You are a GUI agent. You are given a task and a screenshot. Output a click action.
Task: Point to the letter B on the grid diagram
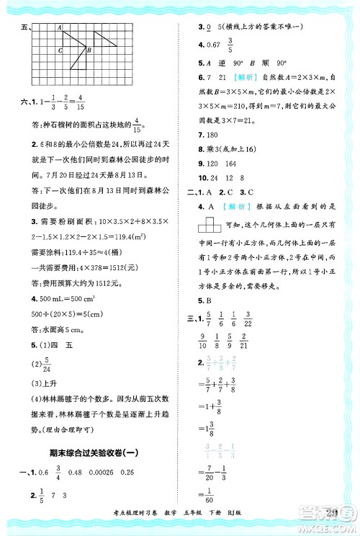[88, 51]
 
